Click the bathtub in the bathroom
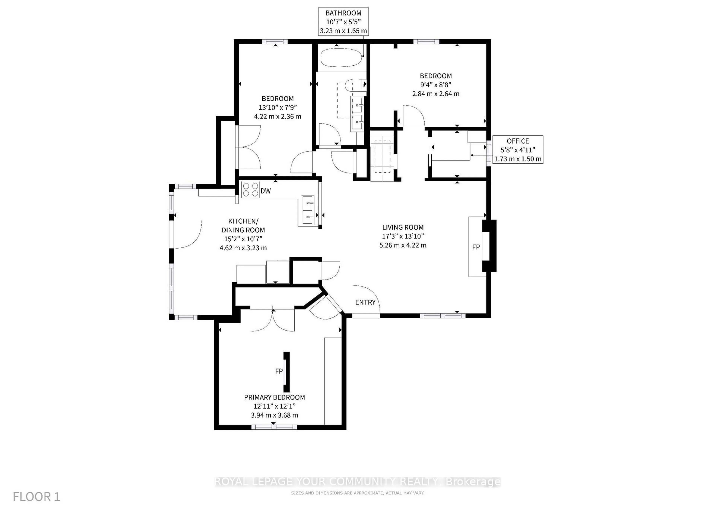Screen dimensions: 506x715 tap(341, 57)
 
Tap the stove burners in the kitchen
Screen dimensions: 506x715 tap(251, 190)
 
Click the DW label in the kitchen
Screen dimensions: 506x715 tap(266, 191)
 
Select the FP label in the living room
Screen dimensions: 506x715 tap(476, 247)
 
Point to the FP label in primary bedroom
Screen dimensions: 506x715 tap(279, 371)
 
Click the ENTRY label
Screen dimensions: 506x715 tap(365, 302)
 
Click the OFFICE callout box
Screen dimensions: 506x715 tap(518, 150)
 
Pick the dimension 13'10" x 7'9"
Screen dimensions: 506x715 tap(277, 107)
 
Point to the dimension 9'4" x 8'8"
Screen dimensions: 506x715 tap(436, 85)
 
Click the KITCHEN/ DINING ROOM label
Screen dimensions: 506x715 tap(243, 226)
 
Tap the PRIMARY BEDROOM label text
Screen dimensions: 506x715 tap(274, 397)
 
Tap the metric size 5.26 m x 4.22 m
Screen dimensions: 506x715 tap(403, 245)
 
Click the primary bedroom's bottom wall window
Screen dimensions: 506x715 tap(273, 427)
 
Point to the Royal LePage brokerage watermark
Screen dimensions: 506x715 tap(357, 482)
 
